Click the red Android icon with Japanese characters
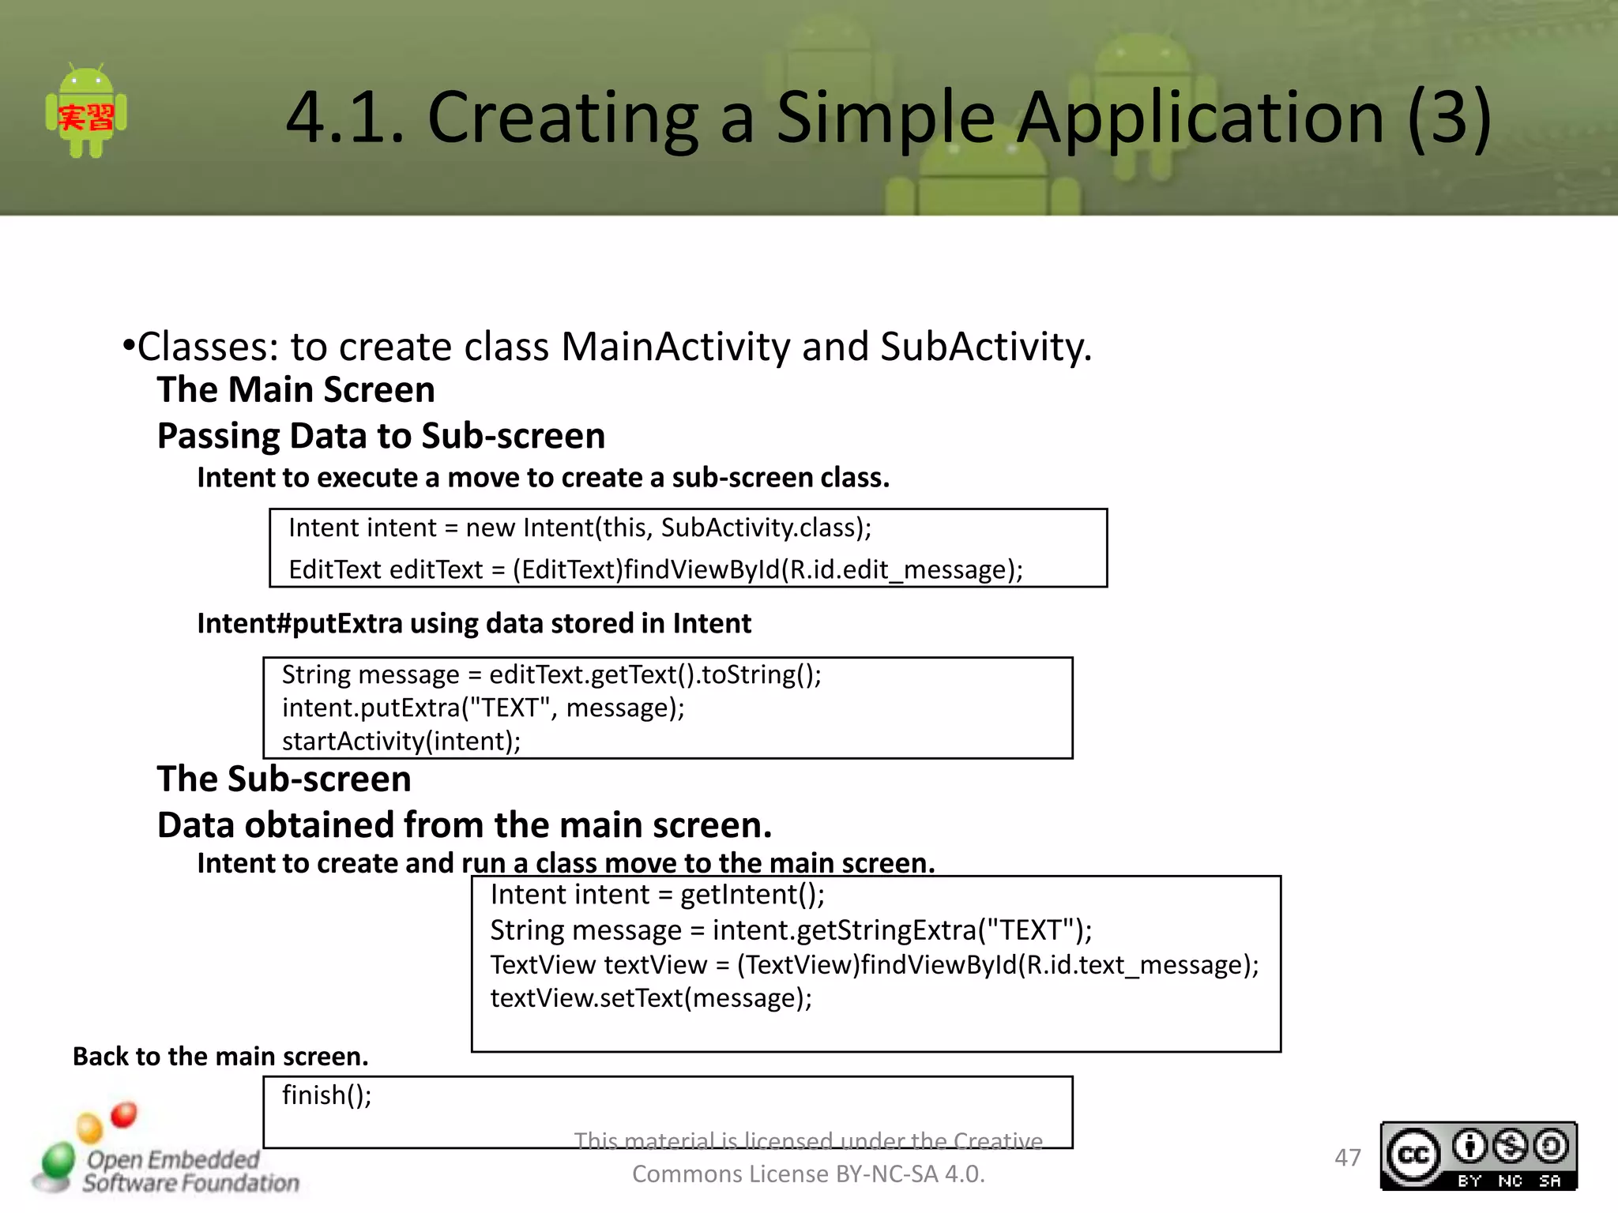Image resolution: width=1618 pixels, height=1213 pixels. click(86, 113)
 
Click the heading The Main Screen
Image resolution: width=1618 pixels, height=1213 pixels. click(295, 390)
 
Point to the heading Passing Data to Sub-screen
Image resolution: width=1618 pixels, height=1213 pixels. click(381, 436)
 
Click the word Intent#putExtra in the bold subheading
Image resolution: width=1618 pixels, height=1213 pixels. click(299, 624)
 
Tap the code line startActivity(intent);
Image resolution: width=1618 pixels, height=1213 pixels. click(401, 741)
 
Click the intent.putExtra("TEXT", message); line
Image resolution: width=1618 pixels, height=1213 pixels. click(483, 708)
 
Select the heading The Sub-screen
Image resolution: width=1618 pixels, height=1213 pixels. click(284, 779)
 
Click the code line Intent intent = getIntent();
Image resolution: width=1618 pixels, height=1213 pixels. click(657, 895)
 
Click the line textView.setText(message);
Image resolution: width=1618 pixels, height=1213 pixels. click(651, 998)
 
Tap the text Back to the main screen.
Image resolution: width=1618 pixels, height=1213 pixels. click(220, 1057)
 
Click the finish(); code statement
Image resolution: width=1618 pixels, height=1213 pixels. click(326, 1095)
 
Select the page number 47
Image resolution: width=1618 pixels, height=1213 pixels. click(1347, 1158)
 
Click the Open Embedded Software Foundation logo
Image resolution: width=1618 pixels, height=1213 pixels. click(166, 1159)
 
